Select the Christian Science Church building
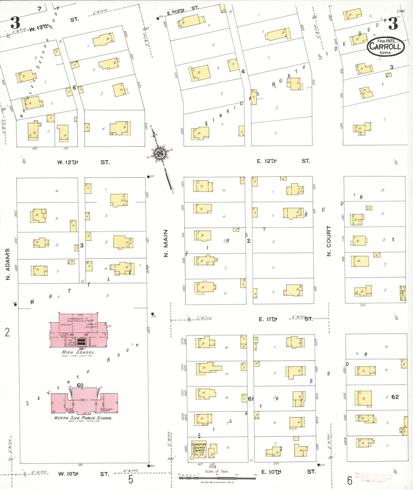click(x=199, y=450)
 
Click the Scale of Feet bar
click(x=218, y=478)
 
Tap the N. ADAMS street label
click(x=8, y=264)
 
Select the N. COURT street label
click(x=329, y=241)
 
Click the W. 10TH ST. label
click(x=83, y=474)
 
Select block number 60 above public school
click(x=80, y=385)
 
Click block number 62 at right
click(x=395, y=397)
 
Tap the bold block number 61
click(x=251, y=399)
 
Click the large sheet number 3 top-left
click(x=15, y=23)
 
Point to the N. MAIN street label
click(x=166, y=243)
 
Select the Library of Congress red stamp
click(x=374, y=477)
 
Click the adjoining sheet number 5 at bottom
click(x=131, y=479)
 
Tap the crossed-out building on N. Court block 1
click(x=403, y=293)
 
